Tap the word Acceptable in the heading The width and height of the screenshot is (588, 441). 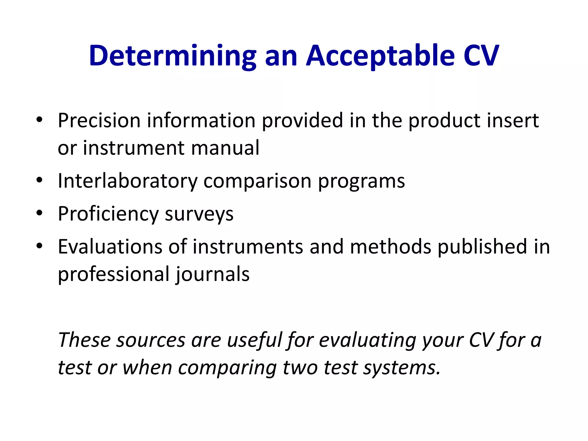tap(380, 56)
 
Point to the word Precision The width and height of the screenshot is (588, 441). tap(99, 120)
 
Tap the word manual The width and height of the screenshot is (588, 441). tap(225, 148)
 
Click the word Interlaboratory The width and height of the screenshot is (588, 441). tap(127, 181)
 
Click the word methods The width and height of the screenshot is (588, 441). tap(390, 247)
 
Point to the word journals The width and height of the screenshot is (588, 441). tap(212, 274)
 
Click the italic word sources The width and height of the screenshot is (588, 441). tap(151, 340)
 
